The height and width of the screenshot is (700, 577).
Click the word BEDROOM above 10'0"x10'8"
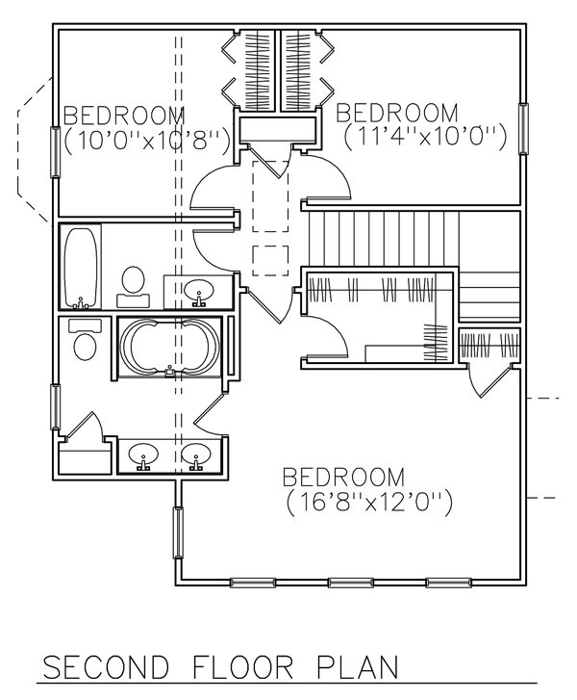coord(125,116)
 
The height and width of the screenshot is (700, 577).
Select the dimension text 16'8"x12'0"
coord(369,502)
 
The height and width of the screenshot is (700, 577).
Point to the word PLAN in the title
coord(352,669)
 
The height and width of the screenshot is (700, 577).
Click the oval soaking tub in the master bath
coord(169,347)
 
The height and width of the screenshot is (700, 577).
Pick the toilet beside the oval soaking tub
coord(85,342)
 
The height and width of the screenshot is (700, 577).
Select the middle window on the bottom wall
coord(352,583)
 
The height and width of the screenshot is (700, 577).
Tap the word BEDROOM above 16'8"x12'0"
coord(342,477)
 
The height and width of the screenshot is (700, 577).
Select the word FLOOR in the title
coord(234,669)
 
